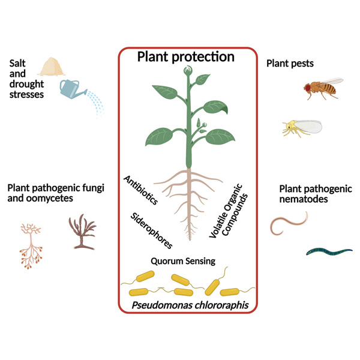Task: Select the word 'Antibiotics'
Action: coord(141,190)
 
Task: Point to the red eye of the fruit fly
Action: coord(308,88)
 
